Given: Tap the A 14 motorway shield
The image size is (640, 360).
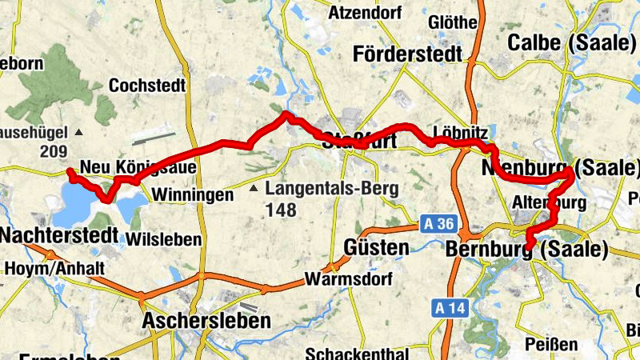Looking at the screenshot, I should [x=450, y=307].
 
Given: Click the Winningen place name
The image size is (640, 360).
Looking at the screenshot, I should [x=193, y=194].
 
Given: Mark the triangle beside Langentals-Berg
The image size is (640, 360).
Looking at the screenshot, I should [x=253, y=189].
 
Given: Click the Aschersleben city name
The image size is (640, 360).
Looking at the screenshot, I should [x=206, y=321].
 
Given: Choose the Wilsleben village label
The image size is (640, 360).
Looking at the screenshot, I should [x=164, y=239].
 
